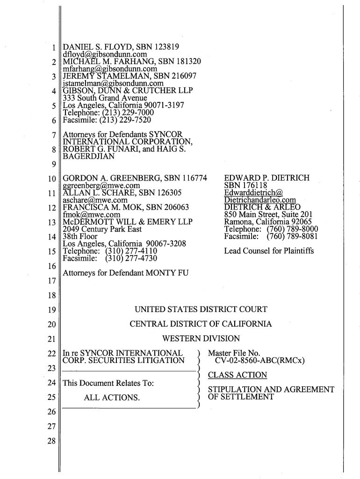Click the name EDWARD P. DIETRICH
click(x=267, y=178)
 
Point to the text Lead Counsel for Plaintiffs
click(x=269, y=251)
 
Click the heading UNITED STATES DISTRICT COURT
click(x=201, y=310)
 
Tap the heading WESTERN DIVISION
click(x=201, y=339)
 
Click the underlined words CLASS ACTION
click(x=238, y=375)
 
